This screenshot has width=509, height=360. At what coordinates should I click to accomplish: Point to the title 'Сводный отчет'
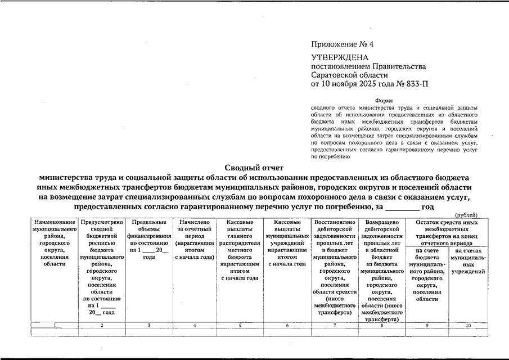tap(254, 167)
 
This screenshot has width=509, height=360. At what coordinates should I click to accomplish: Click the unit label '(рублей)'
tap(466, 215)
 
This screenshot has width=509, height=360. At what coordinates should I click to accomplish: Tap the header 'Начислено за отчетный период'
tap(195, 239)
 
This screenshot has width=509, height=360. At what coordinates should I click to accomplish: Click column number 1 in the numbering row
tap(55, 326)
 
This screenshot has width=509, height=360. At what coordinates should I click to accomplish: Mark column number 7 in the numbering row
tap(334, 326)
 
